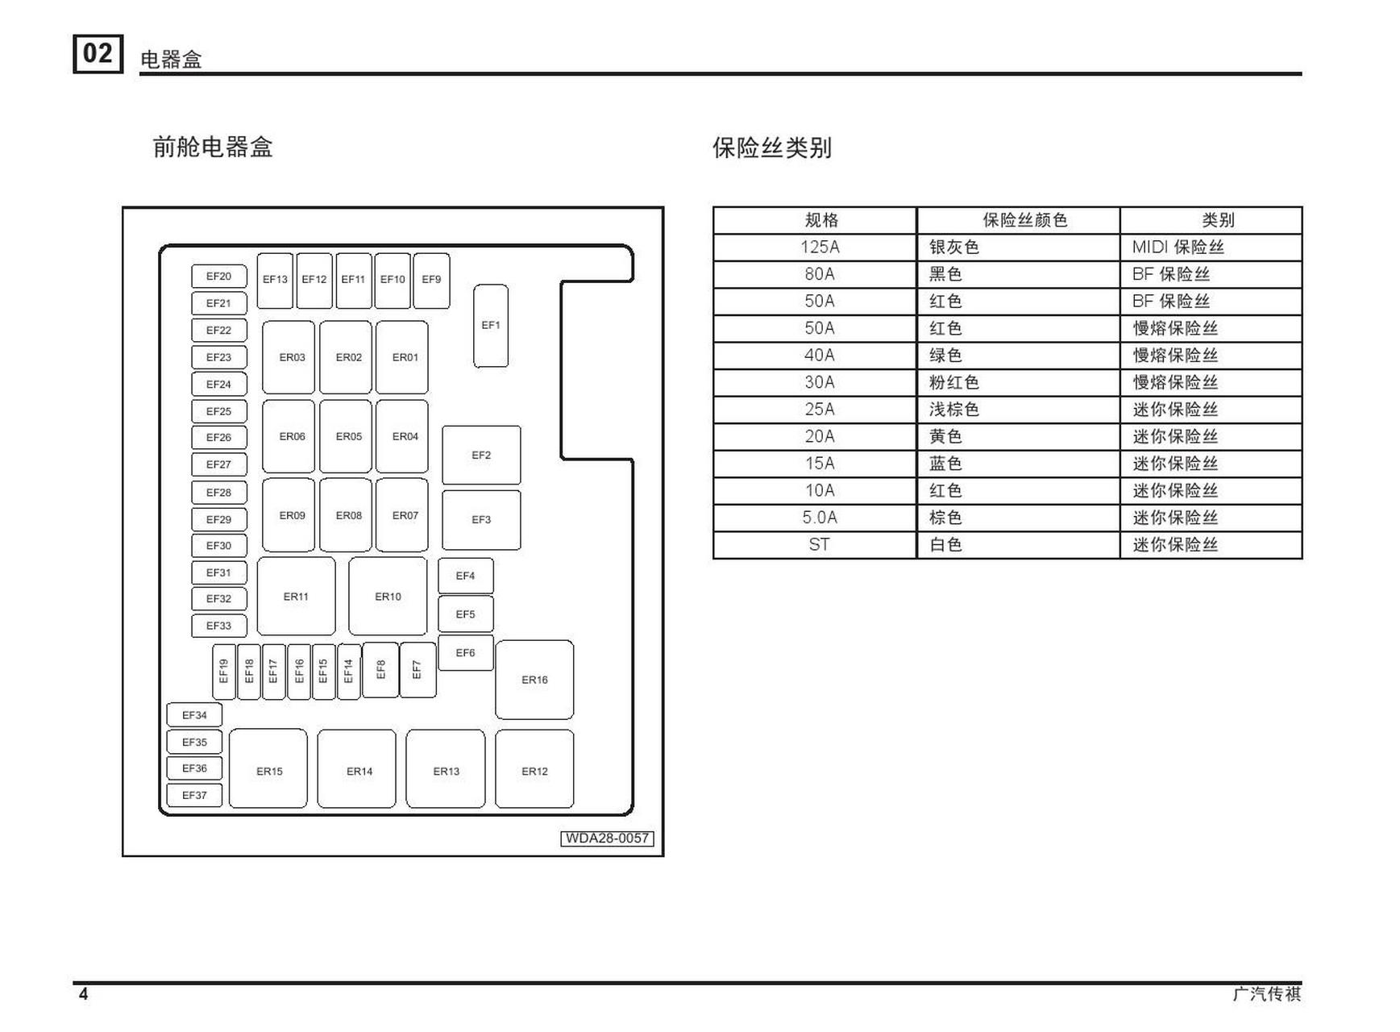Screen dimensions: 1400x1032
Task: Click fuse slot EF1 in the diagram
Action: (x=491, y=326)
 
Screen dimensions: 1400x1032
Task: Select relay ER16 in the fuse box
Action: (x=534, y=680)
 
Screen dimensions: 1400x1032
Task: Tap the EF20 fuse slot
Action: (x=219, y=277)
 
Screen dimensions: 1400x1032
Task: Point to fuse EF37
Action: (x=194, y=796)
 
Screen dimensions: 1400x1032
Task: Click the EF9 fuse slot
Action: (x=432, y=280)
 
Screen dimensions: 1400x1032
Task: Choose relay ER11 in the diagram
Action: (x=296, y=597)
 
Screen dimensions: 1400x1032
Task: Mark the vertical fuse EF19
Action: (x=224, y=672)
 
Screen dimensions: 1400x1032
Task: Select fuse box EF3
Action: (x=481, y=520)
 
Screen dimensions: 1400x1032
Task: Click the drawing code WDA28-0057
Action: (x=607, y=838)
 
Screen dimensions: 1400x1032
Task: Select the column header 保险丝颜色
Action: (x=1024, y=220)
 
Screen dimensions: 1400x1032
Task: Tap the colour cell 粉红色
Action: (x=954, y=383)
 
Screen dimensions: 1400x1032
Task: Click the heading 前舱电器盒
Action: (x=213, y=148)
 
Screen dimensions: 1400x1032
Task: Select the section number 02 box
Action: (x=98, y=54)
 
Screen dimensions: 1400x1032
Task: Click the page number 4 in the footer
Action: (x=83, y=994)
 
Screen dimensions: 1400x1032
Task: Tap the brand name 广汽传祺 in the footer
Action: (x=1267, y=994)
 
